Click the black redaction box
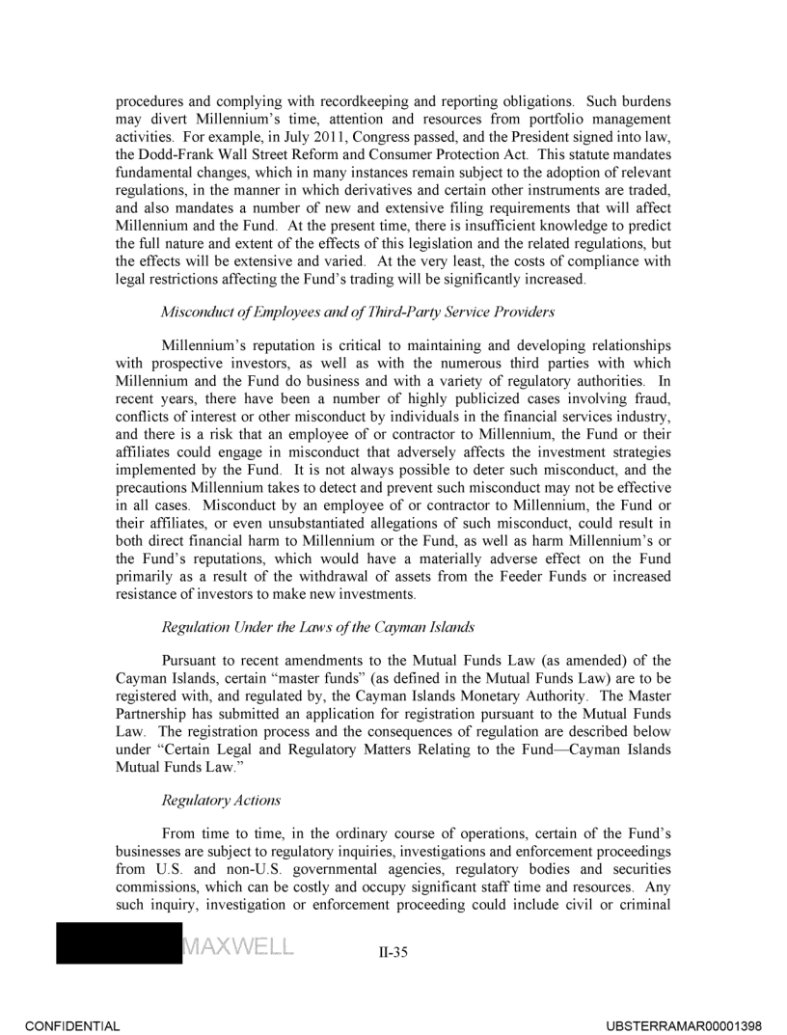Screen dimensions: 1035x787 (x=119, y=943)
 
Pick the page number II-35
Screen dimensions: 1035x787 (x=393, y=953)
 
